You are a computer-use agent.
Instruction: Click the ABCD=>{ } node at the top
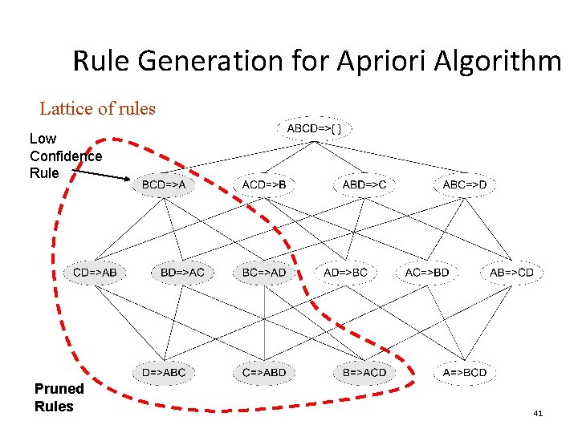click(315, 128)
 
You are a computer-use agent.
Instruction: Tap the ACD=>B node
click(264, 185)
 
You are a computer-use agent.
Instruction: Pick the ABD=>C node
click(364, 185)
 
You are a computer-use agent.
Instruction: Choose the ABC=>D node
click(465, 185)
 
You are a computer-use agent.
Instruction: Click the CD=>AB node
click(95, 273)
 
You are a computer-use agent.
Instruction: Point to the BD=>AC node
click(183, 273)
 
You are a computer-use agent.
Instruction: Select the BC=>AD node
click(264, 273)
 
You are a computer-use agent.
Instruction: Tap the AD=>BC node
click(345, 273)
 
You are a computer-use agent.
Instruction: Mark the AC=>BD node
click(427, 273)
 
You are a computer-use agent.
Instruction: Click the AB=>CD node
click(511, 273)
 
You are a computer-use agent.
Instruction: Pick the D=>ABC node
click(164, 372)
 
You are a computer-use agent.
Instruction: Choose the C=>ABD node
click(264, 372)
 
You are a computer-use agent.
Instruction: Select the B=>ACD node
click(364, 372)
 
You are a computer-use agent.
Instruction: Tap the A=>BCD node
click(465, 372)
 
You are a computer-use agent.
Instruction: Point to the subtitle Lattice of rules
click(98, 108)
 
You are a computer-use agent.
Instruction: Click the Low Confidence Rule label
click(65, 156)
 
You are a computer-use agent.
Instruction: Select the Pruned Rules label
click(59, 397)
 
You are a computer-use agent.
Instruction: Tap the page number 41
click(538, 414)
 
